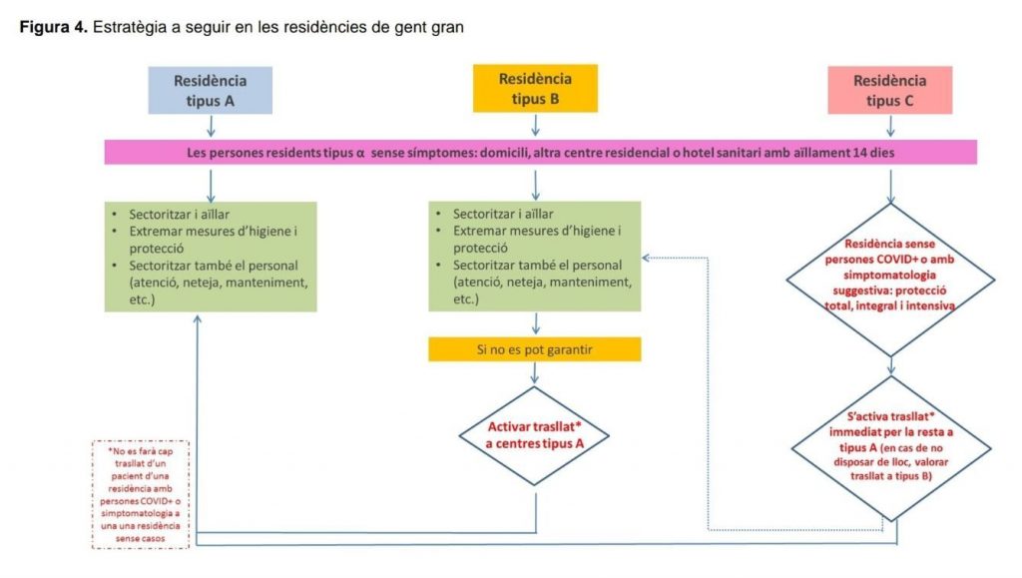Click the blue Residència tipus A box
(x=210, y=89)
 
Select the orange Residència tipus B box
(x=535, y=88)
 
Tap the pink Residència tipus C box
(x=888, y=90)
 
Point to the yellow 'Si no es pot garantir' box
(x=534, y=349)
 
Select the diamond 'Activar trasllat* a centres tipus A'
(x=536, y=435)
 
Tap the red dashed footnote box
(x=140, y=493)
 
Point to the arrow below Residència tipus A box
(x=210, y=126)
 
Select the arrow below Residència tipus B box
(x=536, y=125)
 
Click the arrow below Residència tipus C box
(x=888, y=126)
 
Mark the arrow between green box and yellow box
(x=536, y=324)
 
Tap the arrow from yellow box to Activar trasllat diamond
(x=536, y=373)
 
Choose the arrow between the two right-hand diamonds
(x=887, y=366)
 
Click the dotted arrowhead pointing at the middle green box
(x=647, y=257)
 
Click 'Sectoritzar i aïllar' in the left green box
(x=178, y=215)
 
